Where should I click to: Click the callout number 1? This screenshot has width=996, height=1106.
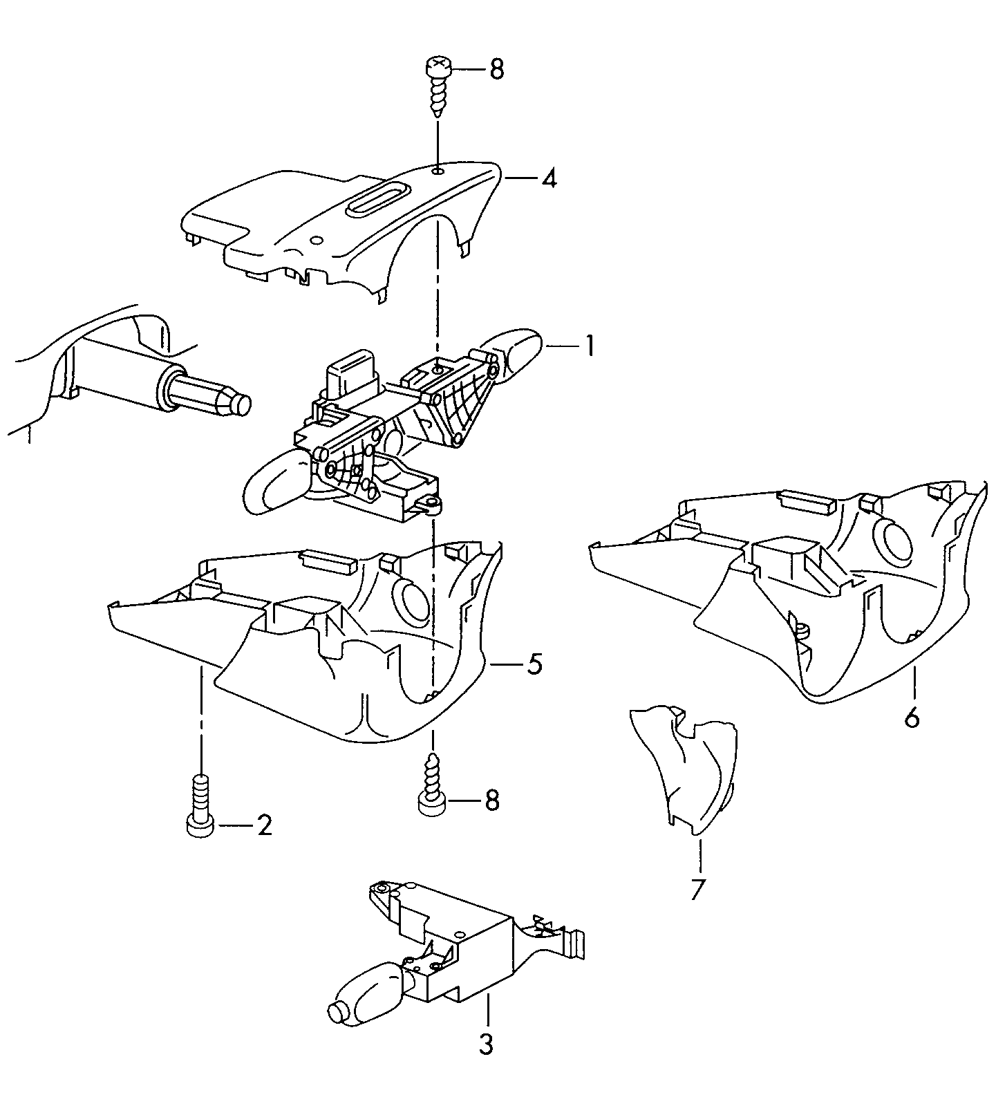pos(589,346)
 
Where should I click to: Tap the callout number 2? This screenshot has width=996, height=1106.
pos(265,825)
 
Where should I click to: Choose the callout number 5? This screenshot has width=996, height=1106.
pos(534,664)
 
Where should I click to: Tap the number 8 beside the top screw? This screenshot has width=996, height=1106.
pos(496,70)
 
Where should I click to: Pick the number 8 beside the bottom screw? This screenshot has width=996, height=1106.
pos(491,800)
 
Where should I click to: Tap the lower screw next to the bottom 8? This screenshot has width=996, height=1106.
pos(432,787)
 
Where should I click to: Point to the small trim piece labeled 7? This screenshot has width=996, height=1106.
pos(684,767)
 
